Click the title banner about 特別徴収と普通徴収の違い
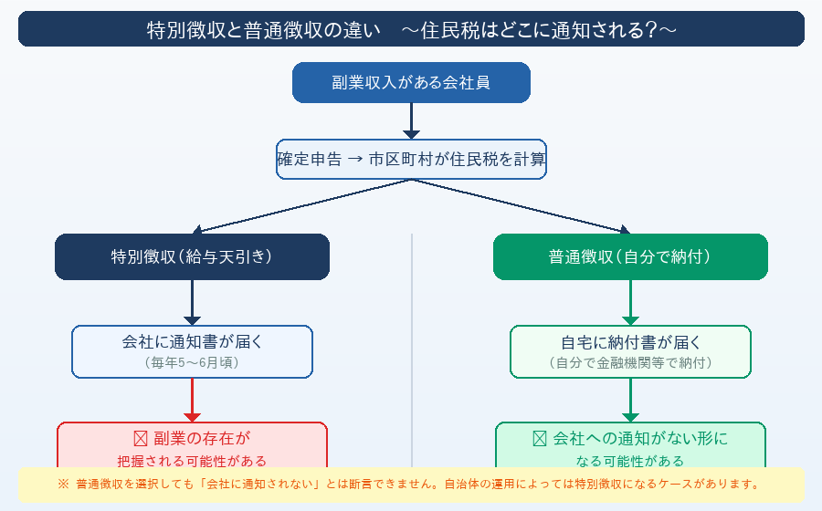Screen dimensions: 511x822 [x=411, y=29]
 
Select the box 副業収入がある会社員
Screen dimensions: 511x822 [x=411, y=82]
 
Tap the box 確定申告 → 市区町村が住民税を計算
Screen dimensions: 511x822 [x=411, y=159]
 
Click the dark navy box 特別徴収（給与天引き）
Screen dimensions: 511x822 [x=192, y=256]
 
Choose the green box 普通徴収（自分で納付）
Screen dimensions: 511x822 [x=630, y=256]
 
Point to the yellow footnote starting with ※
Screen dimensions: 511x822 [x=411, y=485]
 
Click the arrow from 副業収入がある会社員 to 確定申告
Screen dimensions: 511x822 [x=411, y=120]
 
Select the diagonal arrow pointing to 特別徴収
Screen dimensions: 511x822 [x=301, y=206]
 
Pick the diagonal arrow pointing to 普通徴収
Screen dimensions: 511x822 [x=521, y=206]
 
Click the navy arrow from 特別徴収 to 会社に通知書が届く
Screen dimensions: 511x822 [x=192, y=302]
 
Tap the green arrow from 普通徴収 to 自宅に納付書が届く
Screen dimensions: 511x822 [x=630, y=302]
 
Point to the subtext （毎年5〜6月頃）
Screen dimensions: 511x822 [x=192, y=362]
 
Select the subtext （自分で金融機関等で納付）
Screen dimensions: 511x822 [x=630, y=362]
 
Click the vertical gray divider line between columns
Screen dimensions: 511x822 [x=412, y=347]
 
